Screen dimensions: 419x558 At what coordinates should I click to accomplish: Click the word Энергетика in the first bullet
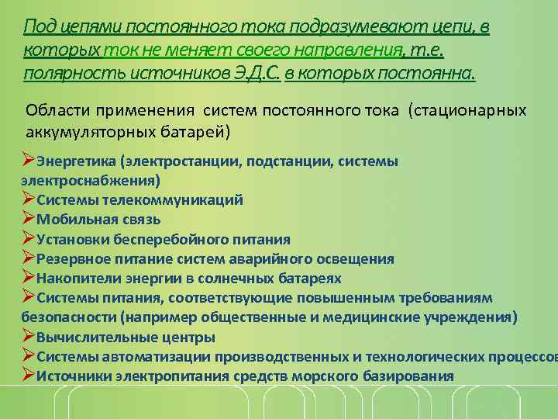[76, 162]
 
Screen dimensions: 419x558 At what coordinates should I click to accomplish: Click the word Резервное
[73, 259]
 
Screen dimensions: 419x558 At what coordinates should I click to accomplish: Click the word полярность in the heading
[61, 74]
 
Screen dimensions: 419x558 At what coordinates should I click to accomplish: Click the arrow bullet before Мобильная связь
[29, 219]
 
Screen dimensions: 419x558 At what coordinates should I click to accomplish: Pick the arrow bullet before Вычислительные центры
[29, 337]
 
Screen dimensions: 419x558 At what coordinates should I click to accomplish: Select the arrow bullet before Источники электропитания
[29, 376]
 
